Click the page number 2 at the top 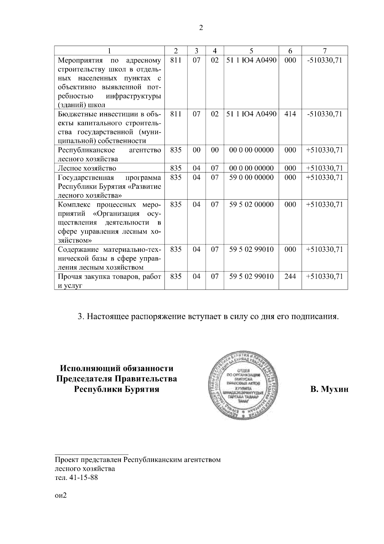[x=201, y=28]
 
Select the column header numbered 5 [x=251, y=51]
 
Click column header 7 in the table [x=324, y=51]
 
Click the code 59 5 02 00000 [x=251, y=204]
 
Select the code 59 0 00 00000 [x=251, y=177]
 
